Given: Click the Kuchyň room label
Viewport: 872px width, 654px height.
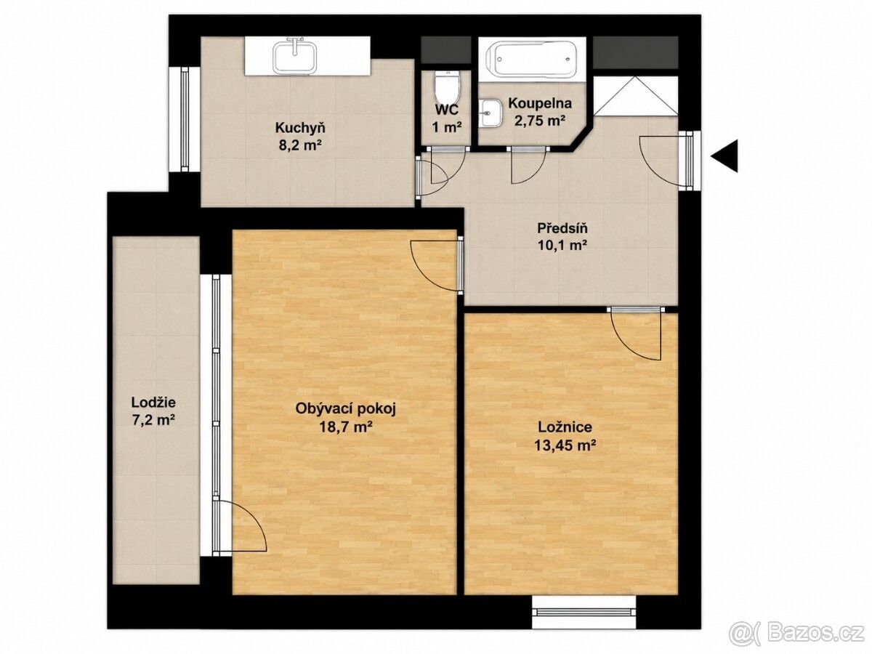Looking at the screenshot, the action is [x=300, y=128].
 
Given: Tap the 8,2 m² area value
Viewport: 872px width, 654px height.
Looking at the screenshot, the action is [x=300, y=146].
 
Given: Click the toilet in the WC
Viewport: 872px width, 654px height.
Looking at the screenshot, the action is [x=448, y=86].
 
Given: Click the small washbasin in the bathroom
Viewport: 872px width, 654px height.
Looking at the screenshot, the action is [x=490, y=113].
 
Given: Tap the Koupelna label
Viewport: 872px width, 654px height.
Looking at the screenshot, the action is [x=540, y=103].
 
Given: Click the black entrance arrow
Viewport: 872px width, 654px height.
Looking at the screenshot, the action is [x=724, y=156].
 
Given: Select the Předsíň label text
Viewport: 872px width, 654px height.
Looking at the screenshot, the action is [x=562, y=229].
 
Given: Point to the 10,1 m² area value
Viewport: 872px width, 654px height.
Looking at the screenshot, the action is [x=562, y=246].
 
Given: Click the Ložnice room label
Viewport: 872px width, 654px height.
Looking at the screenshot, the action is [x=565, y=427].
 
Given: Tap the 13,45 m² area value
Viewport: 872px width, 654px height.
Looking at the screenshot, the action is [x=565, y=445].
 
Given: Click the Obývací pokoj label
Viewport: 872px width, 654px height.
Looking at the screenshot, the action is [x=346, y=408].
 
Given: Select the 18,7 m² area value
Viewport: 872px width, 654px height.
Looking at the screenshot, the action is [x=346, y=427].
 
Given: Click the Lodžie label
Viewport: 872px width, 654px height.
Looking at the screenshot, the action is [x=153, y=403].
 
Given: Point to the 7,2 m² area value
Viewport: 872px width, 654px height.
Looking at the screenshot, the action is [x=153, y=420].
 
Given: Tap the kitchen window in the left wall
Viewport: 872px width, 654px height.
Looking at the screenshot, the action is [x=185, y=119].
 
